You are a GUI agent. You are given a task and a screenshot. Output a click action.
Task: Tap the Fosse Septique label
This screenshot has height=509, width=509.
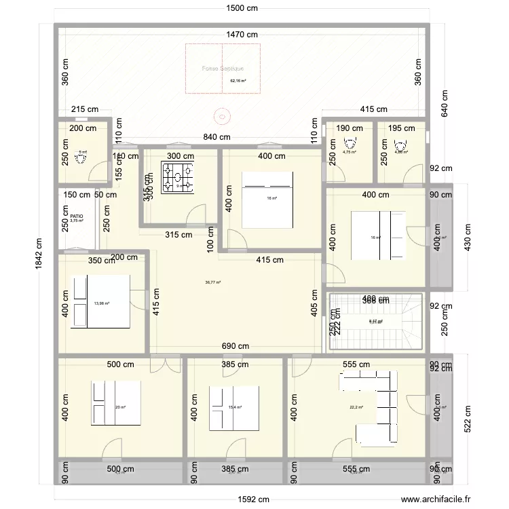tap(223, 69)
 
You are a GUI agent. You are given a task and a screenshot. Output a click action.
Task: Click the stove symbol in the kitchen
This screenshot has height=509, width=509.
tap(177, 178)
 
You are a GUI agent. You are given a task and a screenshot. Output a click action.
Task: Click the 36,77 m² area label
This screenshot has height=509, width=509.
tap(213, 282)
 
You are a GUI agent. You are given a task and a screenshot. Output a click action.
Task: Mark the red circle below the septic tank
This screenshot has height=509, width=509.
tap(221, 115)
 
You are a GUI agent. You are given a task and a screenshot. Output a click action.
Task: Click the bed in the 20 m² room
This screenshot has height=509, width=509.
tap(117, 402)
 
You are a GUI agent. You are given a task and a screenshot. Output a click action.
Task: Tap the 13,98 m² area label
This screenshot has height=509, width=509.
tap(102, 303)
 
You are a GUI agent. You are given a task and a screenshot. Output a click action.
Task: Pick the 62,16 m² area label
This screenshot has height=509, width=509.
tap(238, 81)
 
